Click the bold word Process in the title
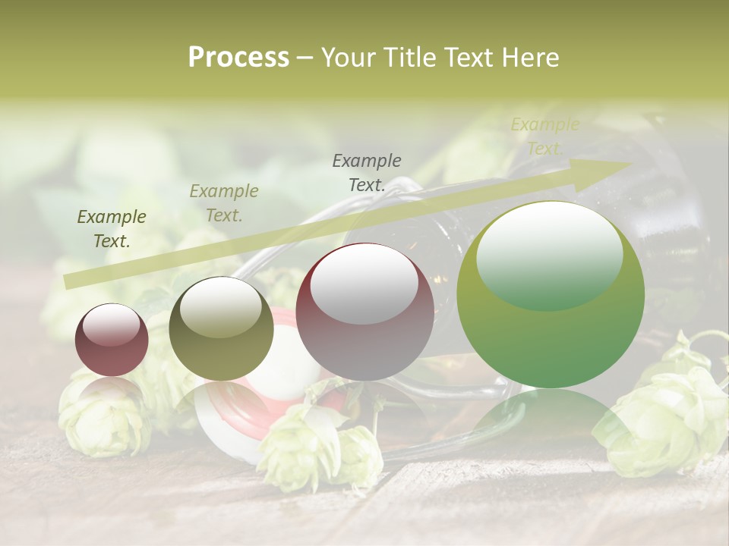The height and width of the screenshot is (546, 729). [x=238, y=58]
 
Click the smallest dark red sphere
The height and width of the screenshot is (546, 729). [x=112, y=340]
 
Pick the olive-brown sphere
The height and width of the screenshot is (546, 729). [x=221, y=328]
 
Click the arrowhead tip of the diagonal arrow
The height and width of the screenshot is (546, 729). [x=629, y=164]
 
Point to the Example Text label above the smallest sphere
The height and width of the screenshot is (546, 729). [x=112, y=229]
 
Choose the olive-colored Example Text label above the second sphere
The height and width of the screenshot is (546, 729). [x=224, y=203]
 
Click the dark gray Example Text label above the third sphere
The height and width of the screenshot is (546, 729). [x=367, y=172]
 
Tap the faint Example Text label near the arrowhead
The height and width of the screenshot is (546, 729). [x=544, y=136]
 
